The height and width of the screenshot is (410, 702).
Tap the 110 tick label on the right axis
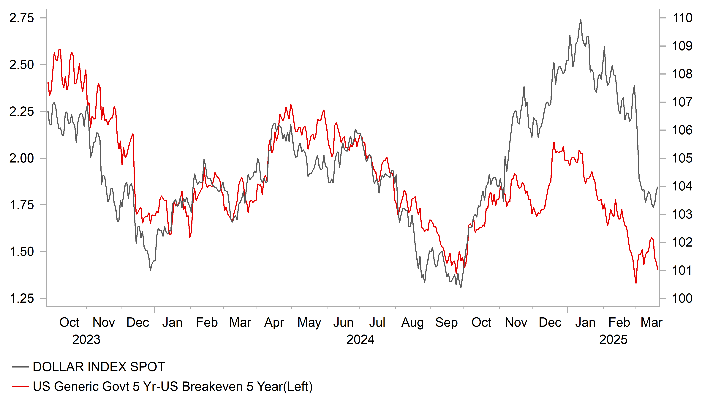(682, 18)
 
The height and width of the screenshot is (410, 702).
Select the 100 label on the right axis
(682, 299)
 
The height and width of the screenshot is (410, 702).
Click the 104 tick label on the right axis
(682, 186)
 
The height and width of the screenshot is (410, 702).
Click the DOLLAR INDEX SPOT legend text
(99, 367)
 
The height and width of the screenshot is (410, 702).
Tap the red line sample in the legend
(20, 387)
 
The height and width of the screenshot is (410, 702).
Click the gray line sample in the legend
(20, 367)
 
